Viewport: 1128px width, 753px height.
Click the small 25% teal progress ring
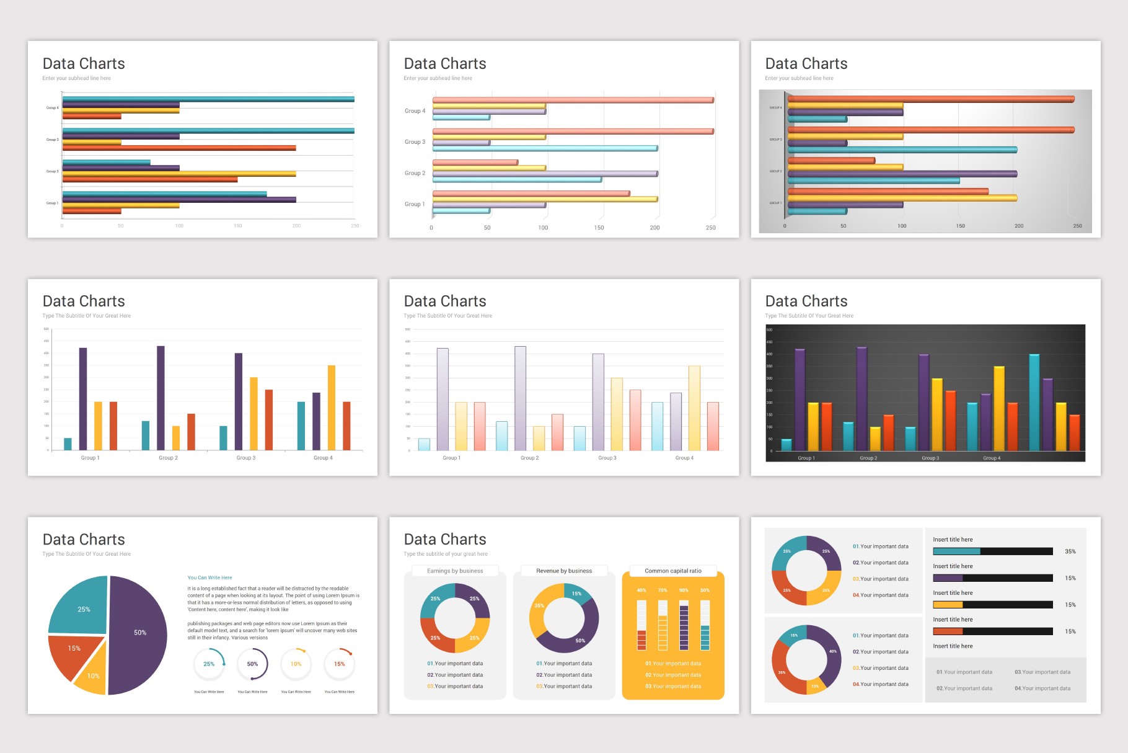pyautogui.click(x=209, y=664)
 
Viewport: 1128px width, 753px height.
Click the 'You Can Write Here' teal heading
pyautogui.click(x=209, y=577)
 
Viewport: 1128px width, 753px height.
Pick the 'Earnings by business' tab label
pyautogui.click(x=455, y=571)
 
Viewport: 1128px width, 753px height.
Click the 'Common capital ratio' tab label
pyautogui.click(x=673, y=571)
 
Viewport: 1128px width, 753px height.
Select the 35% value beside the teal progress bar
pyautogui.click(x=1070, y=551)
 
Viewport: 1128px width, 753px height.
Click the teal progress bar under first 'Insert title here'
pyautogui.click(x=956, y=551)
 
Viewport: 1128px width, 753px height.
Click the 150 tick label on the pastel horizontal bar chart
pyautogui.click(x=599, y=228)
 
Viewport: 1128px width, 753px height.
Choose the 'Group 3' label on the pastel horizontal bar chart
pyautogui.click(x=415, y=142)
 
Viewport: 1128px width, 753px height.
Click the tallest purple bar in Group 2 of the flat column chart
pyautogui.click(x=161, y=397)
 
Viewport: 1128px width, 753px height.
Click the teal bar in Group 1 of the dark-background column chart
pyautogui.click(x=787, y=444)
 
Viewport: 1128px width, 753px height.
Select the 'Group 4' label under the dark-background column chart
pyautogui.click(x=992, y=458)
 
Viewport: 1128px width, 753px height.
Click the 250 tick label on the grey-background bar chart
pyautogui.click(x=1078, y=226)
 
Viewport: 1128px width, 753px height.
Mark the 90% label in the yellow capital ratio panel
pyautogui.click(x=684, y=590)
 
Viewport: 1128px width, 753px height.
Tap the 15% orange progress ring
pyautogui.click(x=340, y=664)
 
